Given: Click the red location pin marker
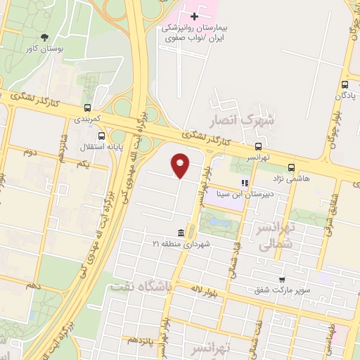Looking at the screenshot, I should (181, 165).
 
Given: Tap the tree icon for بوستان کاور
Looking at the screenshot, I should (45, 37).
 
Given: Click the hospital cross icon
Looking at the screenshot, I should (195, 15).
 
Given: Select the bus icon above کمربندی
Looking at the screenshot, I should (87, 108).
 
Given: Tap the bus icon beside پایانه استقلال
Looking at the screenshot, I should (103, 136).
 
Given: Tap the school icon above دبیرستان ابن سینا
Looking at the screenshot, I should (245, 183).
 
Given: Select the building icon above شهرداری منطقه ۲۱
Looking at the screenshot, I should (181, 233).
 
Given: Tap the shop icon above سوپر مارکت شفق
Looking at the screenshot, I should (282, 278).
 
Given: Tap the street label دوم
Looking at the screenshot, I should (30, 151).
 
